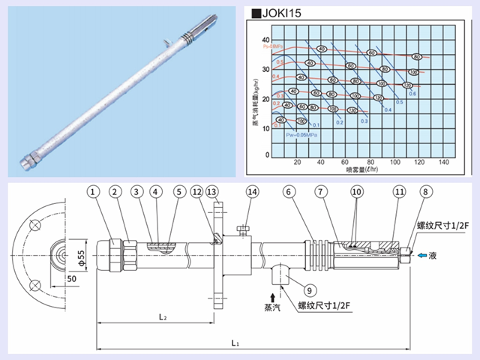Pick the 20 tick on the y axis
264,98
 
